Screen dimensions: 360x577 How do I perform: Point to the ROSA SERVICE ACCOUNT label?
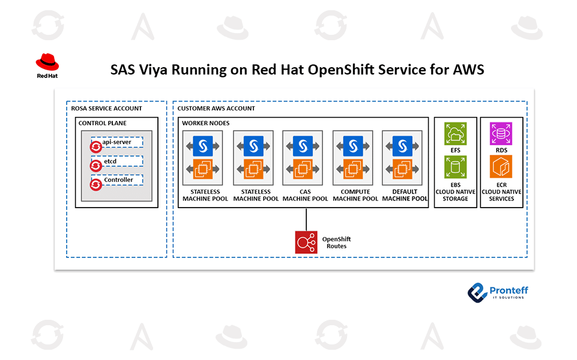(x=106, y=109)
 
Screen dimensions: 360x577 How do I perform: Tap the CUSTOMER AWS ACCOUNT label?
(x=216, y=109)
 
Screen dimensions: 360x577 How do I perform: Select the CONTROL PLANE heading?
(x=103, y=124)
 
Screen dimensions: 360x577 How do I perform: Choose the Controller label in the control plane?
(x=118, y=179)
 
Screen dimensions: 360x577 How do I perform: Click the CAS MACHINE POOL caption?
(x=305, y=195)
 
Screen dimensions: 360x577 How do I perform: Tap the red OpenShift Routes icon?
(x=306, y=241)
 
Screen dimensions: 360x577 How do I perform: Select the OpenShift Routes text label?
(x=334, y=242)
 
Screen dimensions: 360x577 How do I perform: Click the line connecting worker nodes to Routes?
(x=306, y=218)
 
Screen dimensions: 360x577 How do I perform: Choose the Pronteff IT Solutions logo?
(x=498, y=292)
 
